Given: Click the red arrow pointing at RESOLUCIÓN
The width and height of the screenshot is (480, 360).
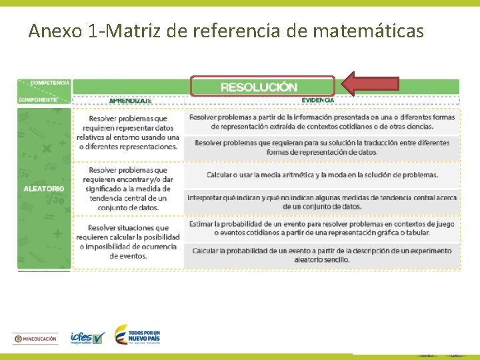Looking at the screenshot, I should click(370, 83).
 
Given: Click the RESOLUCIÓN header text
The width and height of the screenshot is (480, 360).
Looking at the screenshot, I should click(259, 87).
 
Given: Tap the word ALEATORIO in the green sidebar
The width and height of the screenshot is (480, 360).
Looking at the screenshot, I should click(44, 189).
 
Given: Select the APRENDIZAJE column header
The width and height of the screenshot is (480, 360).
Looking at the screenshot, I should click(130, 101).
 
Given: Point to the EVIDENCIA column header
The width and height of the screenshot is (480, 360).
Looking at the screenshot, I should click(317, 100).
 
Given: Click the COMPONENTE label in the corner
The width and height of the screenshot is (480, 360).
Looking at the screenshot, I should click(37, 99).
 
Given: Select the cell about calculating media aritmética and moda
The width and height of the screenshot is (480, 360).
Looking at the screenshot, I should click(322, 175).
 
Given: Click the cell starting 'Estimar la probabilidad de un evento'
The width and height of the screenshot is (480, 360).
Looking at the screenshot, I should click(322, 229).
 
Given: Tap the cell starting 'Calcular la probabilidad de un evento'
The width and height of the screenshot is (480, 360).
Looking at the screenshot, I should click(322, 255).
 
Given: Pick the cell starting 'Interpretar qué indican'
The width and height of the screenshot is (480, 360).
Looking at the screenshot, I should click(322, 202).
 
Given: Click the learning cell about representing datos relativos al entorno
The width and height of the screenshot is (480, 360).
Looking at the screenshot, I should click(128, 133).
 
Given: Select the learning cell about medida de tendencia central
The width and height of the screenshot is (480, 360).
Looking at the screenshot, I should click(128, 189).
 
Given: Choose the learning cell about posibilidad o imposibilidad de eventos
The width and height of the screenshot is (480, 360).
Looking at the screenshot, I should click(128, 242).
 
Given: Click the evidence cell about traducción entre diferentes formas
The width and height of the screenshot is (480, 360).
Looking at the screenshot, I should click(322, 147).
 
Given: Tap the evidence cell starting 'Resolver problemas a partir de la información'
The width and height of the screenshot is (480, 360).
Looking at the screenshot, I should click(322, 121).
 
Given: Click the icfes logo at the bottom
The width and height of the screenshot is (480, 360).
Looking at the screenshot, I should click(87, 338).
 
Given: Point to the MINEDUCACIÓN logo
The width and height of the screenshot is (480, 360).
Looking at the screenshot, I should click(36, 339).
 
